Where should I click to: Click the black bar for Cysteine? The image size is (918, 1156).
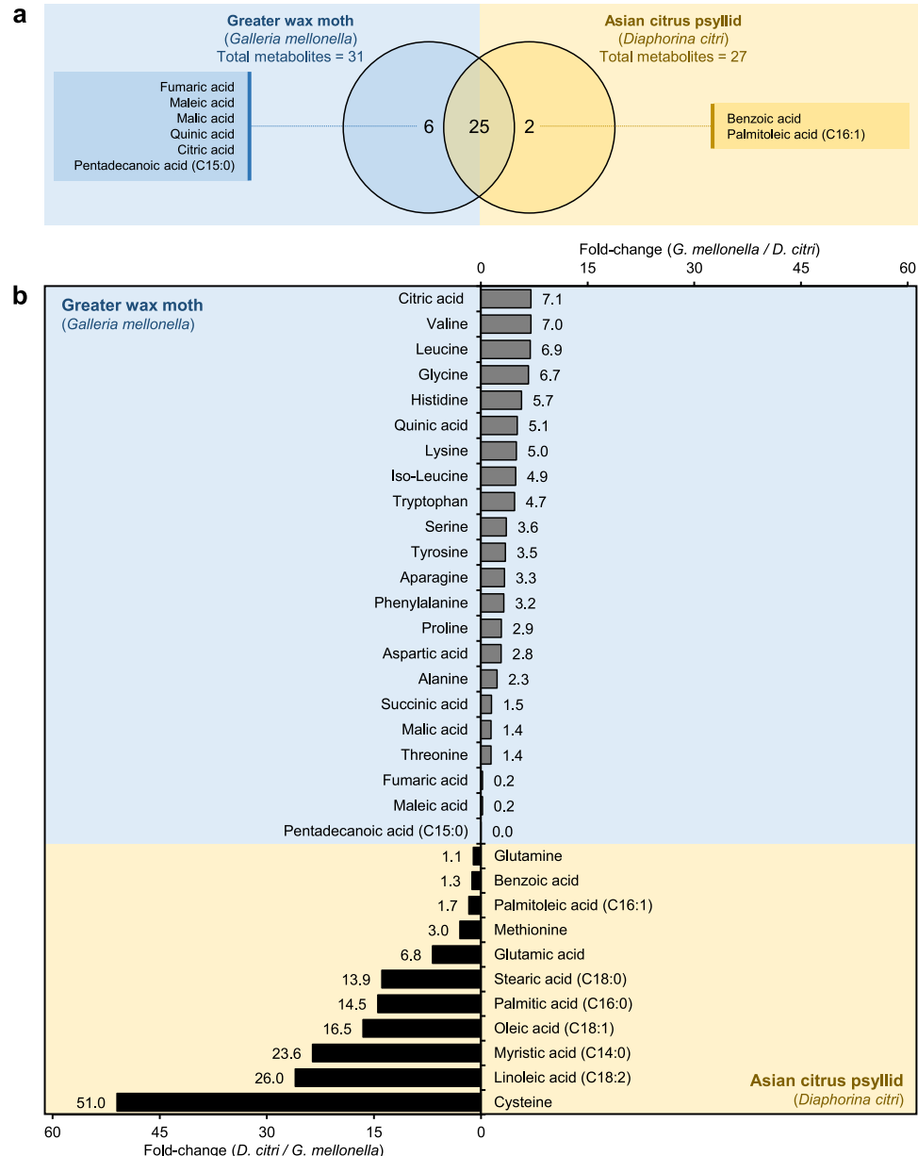click(x=298, y=1101)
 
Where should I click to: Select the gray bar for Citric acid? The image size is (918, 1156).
click(x=505, y=299)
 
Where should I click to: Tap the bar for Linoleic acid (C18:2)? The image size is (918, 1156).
click(x=387, y=1077)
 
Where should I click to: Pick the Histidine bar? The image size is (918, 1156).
click(x=500, y=400)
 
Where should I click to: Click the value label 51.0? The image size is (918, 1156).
click(x=91, y=1102)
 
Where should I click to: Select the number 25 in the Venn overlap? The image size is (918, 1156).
click(x=479, y=126)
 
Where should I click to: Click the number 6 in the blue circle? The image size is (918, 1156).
click(x=428, y=126)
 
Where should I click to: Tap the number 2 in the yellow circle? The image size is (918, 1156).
click(x=530, y=126)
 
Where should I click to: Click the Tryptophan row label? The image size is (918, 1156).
click(x=430, y=502)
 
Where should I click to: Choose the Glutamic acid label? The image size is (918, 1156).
click(x=539, y=954)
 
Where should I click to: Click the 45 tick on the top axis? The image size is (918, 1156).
click(x=800, y=269)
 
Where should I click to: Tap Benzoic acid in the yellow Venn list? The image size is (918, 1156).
click(x=763, y=119)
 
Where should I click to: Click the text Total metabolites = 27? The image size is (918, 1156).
click(x=673, y=57)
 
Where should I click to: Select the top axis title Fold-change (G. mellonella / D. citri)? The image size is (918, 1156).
click(x=698, y=249)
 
